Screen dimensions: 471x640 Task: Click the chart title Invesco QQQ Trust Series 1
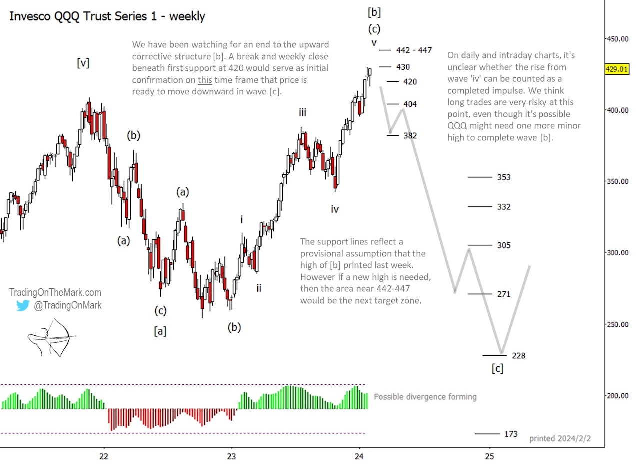pyautogui.click(x=107, y=16)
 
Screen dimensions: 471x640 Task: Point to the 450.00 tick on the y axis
pyautogui.click(x=618, y=39)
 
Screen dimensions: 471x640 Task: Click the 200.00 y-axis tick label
pyautogui.click(x=618, y=396)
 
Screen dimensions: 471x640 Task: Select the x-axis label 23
pyautogui.click(x=231, y=456)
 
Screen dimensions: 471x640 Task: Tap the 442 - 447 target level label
pyautogui.click(x=414, y=50)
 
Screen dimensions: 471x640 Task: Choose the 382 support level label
pyautogui.click(x=410, y=135)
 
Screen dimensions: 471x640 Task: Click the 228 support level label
pyautogui.click(x=518, y=356)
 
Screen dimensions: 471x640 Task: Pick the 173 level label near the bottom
pyautogui.click(x=511, y=434)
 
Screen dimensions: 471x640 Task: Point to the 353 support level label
pyautogui.click(x=504, y=177)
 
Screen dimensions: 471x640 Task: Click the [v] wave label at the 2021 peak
pyautogui.click(x=83, y=63)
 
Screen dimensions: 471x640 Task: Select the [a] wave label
pyautogui.click(x=160, y=331)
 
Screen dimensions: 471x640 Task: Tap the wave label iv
pyautogui.click(x=335, y=209)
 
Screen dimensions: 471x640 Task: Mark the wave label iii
pyautogui.click(x=303, y=113)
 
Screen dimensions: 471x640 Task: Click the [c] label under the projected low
pyautogui.click(x=497, y=369)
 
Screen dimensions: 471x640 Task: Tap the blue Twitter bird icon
pyautogui.click(x=23, y=305)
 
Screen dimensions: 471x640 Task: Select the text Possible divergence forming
pyautogui.click(x=425, y=397)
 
